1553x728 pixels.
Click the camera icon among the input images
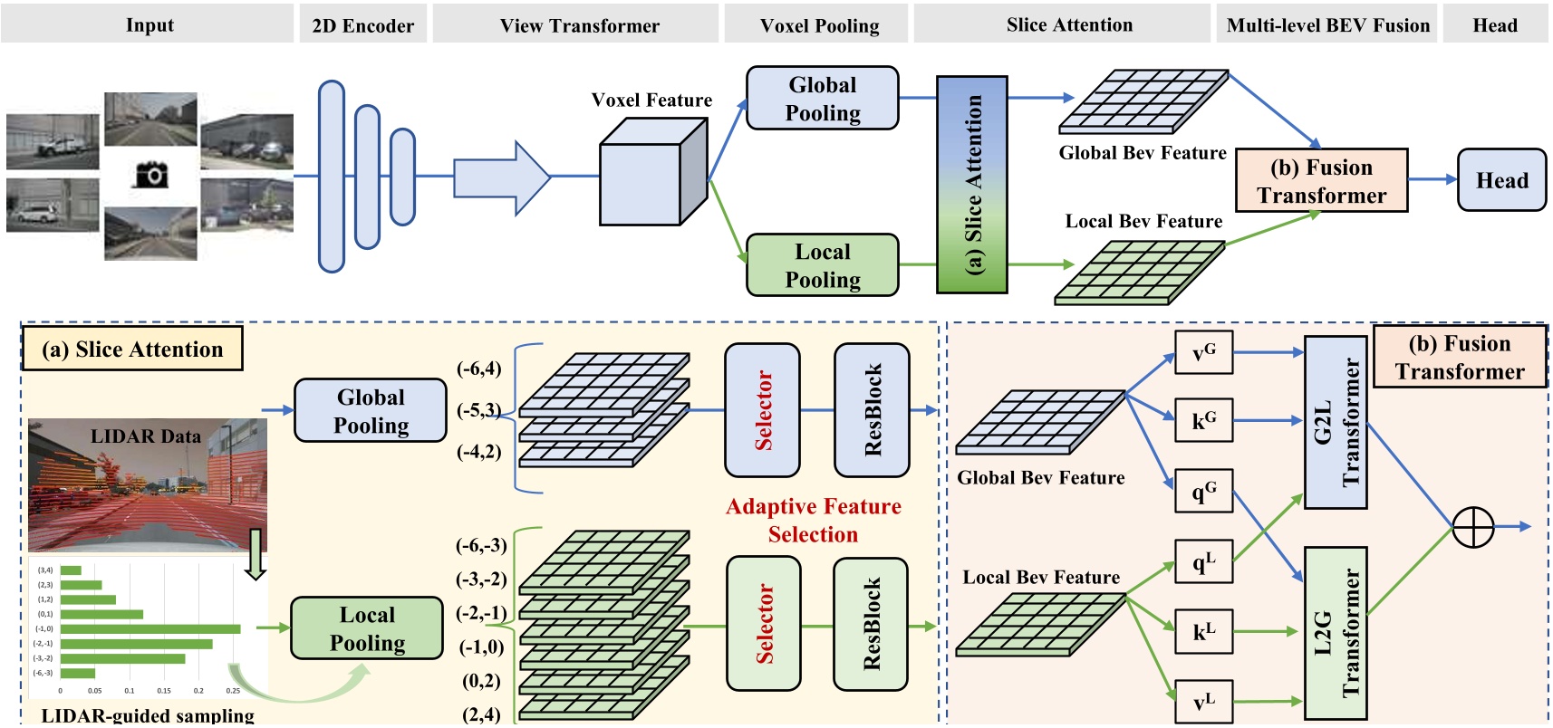(x=151, y=174)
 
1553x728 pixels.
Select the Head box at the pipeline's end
(x=1501, y=180)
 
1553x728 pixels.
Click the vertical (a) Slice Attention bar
(x=972, y=185)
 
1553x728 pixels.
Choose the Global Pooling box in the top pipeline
(x=822, y=98)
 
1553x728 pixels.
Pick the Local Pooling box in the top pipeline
(x=822, y=265)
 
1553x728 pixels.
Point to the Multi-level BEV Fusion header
(x=1327, y=25)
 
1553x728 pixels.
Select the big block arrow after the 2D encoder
(x=501, y=177)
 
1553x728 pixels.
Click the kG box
(x=1203, y=421)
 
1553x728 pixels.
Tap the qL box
(x=1203, y=562)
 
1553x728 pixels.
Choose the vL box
(x=1203, y=702)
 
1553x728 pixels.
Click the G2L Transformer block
(x=1336, y=422)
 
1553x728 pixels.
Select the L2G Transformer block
(x=1336, y=632)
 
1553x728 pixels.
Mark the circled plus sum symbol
(x=1472, y=527)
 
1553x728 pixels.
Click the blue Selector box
(x=762, y=410)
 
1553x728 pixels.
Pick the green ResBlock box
(x=870, y=625)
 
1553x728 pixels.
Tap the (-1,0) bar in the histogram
(x=150, y=628)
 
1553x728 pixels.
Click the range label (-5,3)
(x=478, y=410)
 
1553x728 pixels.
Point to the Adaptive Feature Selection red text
(x=813, y=520)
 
